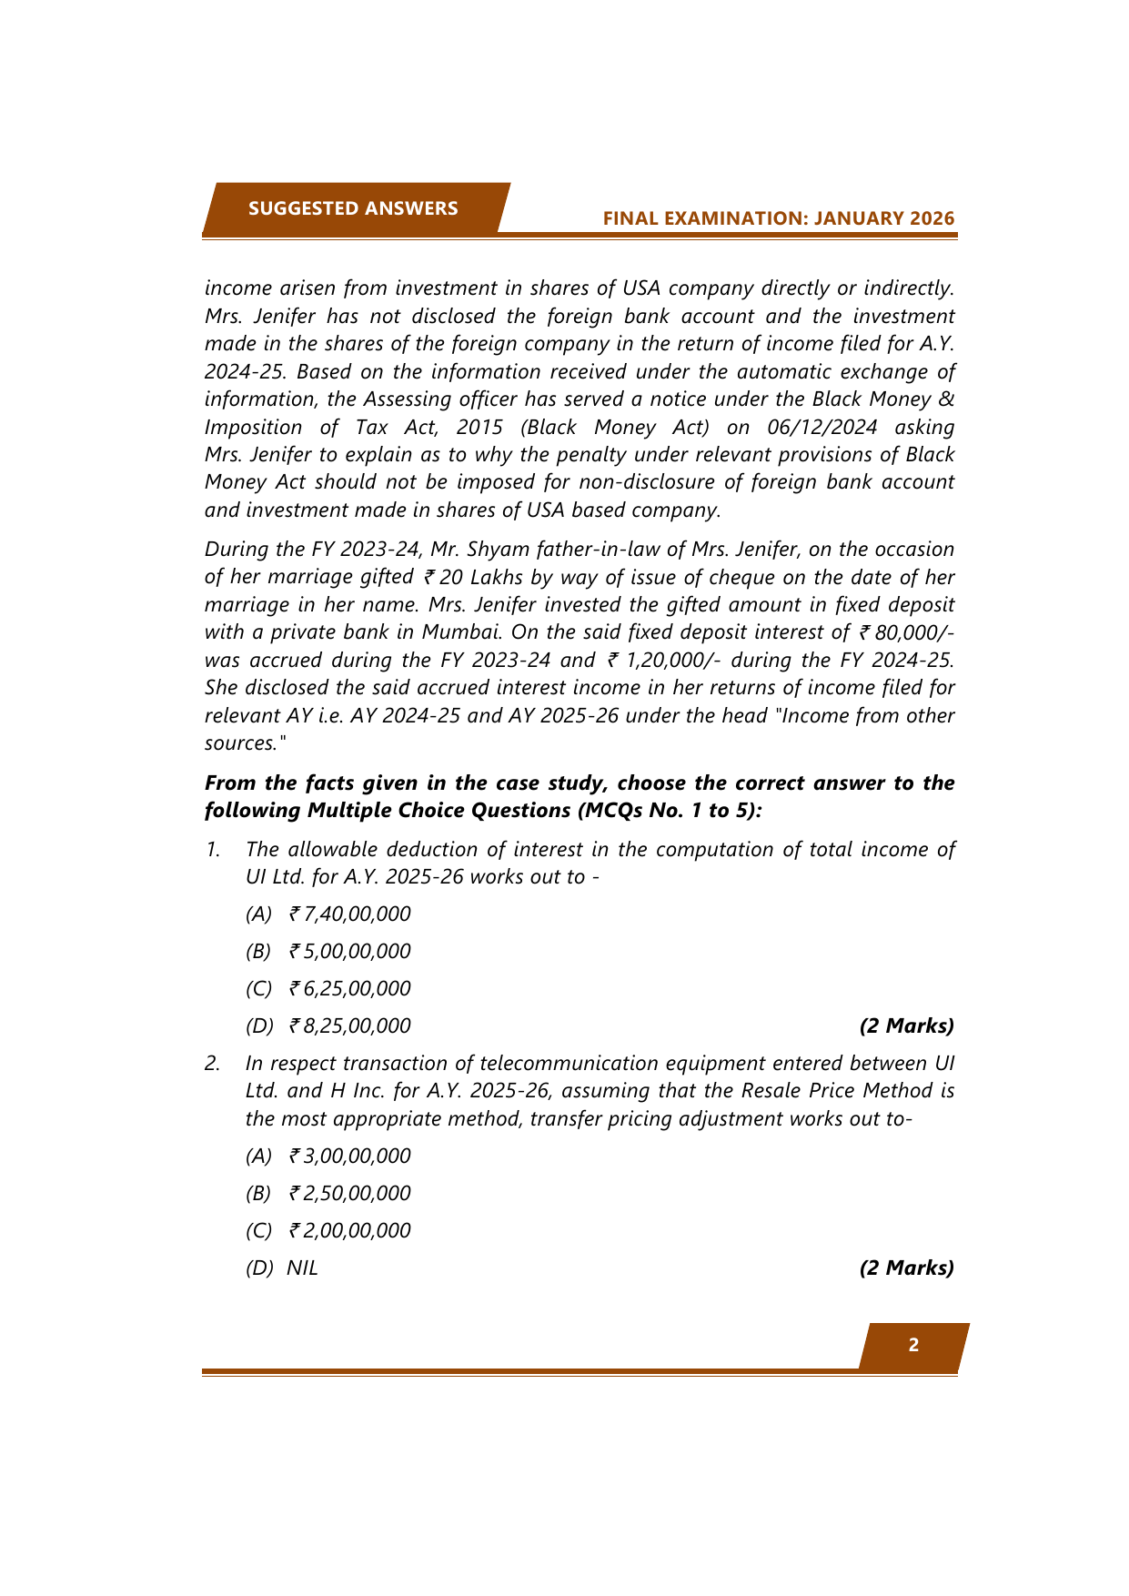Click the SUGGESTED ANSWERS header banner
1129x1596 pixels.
click(x=353, y=208)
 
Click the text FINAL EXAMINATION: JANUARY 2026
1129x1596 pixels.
click(x=779, y=218)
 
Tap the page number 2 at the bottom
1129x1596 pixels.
click(x=913, y=1345)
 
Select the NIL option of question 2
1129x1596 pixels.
click(x=302, y=1268)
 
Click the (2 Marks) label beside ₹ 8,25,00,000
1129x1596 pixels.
click(x=906, y=1025)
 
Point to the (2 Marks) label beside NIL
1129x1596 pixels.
click(x=906, y=1268)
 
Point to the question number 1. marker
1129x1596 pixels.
click(x=213, y=850)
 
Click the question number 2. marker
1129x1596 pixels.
click(x=213, y=1064)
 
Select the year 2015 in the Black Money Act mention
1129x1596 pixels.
click(x=479, y=427)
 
